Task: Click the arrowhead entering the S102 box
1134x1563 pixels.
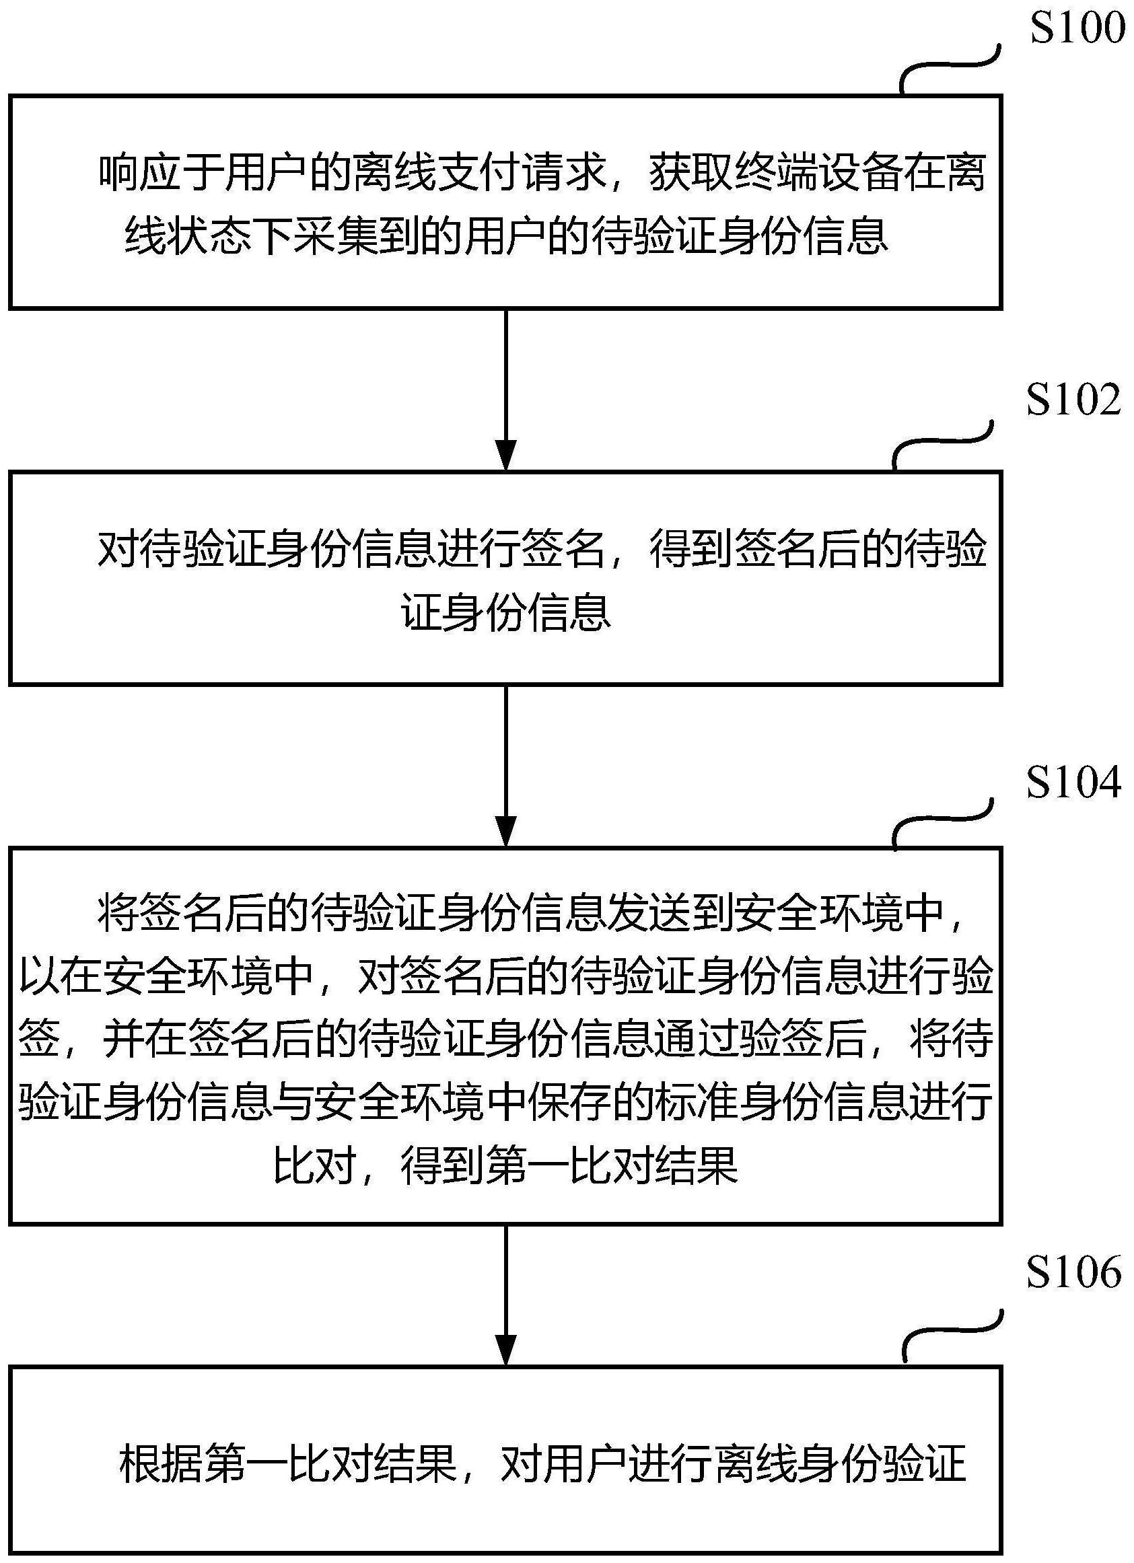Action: pos(506,456)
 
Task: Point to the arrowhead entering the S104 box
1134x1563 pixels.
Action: pos(506,832)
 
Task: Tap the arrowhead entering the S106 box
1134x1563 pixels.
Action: pos(506,1350)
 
